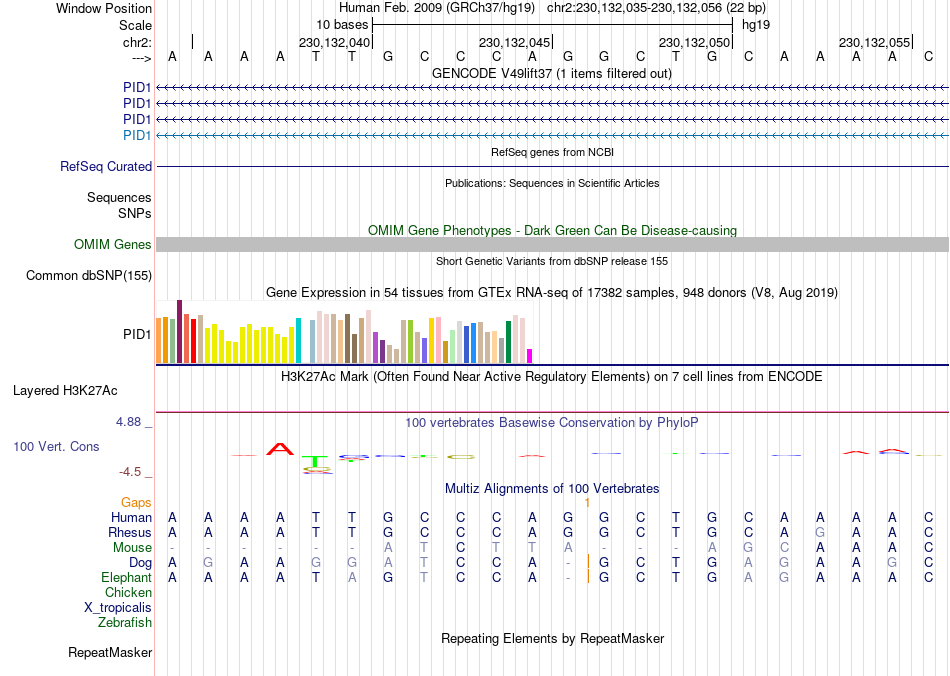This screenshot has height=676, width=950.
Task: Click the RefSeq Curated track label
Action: point(106,167)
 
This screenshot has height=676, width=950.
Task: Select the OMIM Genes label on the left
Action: point(113,245)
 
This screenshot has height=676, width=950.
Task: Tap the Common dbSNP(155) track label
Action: point(89,276)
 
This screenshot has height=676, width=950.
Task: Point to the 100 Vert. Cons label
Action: point(56,446)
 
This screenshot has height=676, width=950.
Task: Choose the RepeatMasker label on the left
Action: point(110,653)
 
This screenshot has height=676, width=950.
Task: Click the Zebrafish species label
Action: point(125,623)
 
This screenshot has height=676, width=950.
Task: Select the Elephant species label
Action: point(126,578)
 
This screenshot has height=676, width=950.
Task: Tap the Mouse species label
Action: point(132,548)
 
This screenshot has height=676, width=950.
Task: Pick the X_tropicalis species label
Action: point(118,608)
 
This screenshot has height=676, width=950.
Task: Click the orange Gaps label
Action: point(137,502)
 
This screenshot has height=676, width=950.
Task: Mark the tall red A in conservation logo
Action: point(281,449)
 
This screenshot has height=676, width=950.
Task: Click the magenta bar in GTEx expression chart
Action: point(530,356)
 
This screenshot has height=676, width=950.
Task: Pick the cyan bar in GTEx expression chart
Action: point(299,341)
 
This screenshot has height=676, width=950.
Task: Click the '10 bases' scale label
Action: point(343,23)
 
